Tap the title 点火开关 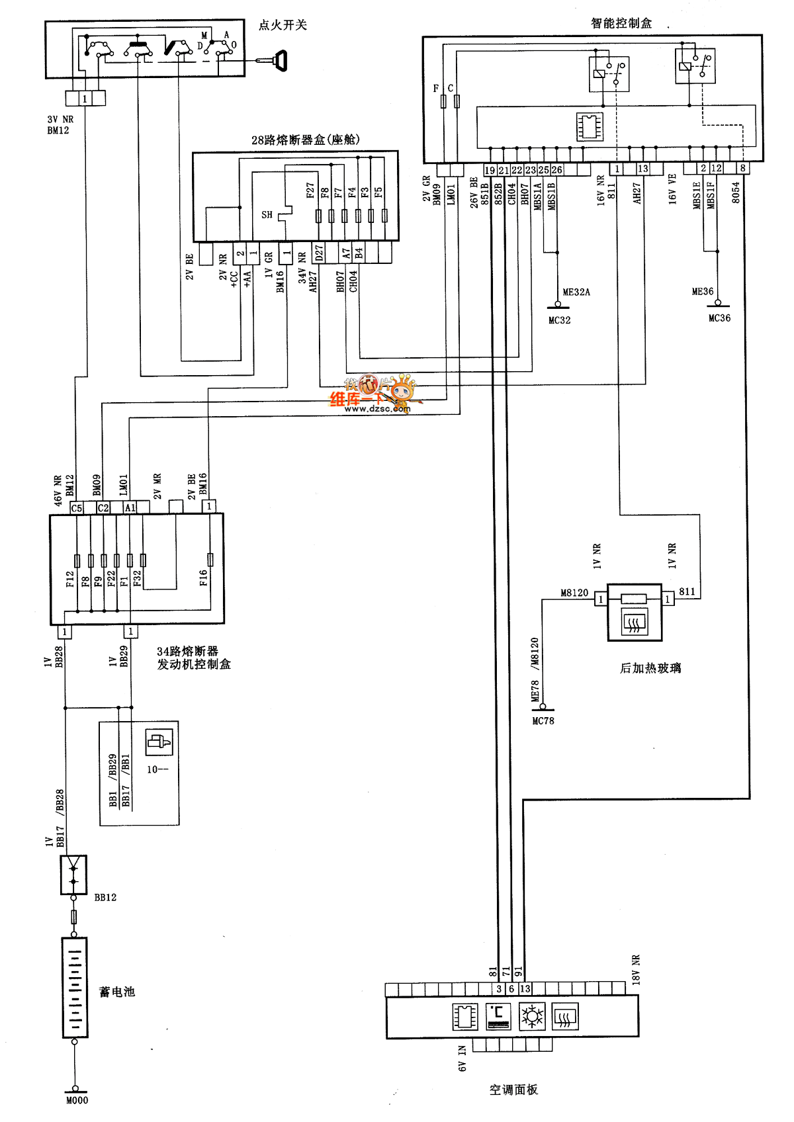[283, 25]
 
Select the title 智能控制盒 [621, 23]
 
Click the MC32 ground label [559, 320]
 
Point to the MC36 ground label [719, 318]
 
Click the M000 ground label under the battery [77, 1100]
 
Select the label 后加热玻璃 [650, 668]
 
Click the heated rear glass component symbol [635, 613]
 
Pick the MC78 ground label [543, 721]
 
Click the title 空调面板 [513, 1090]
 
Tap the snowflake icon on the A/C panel [531, 1017]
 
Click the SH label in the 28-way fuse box [267, 215]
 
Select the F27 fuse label [310, 191]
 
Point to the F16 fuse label [203, 578]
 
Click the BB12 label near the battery [105, 898]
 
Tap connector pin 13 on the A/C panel [525, 989]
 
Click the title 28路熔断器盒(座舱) [305, 140]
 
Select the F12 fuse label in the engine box [70, 580]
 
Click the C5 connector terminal [77, 508]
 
